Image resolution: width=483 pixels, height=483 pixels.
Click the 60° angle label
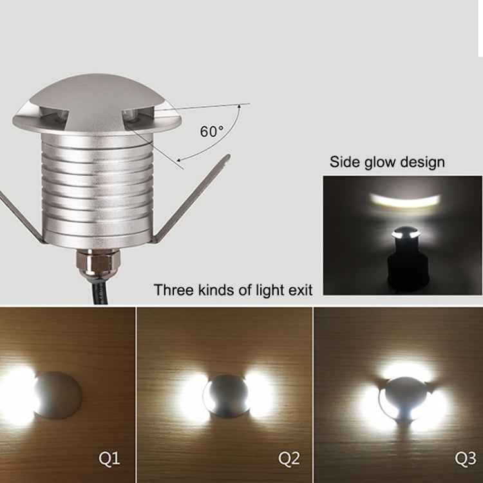(x=211, y=131)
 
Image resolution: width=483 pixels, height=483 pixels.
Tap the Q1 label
(x=109, y=459)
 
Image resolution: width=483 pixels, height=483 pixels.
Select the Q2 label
(x=289, y=459)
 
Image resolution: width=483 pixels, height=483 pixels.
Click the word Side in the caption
(x=345, y=161)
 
